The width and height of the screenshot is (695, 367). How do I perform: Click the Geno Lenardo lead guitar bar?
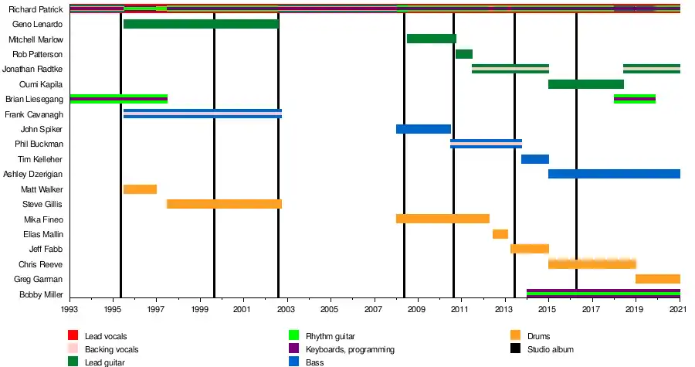pos(201,24)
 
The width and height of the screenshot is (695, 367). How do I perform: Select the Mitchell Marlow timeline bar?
pos(431,39)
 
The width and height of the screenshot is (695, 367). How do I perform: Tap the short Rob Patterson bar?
pos(463,54)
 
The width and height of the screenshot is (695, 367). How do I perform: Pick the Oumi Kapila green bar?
pos(586,84)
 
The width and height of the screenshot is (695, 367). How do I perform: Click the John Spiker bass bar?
pos(423,129)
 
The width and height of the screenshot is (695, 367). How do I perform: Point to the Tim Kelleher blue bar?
pos(534,159)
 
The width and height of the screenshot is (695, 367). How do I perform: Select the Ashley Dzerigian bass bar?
pos(614,174)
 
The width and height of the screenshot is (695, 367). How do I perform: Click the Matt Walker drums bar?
pos(140,189)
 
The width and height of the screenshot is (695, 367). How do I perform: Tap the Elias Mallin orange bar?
pos(500,234)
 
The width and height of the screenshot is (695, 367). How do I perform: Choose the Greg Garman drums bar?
pos(657,279)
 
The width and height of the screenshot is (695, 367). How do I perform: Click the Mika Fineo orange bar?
pos(442,219)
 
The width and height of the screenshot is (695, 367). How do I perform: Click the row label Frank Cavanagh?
pos(35,114)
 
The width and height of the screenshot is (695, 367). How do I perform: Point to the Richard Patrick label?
pos(36,9)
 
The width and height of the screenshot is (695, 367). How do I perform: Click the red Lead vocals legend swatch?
pos(73,336)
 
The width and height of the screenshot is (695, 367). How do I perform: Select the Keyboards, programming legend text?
pos(350,349)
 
